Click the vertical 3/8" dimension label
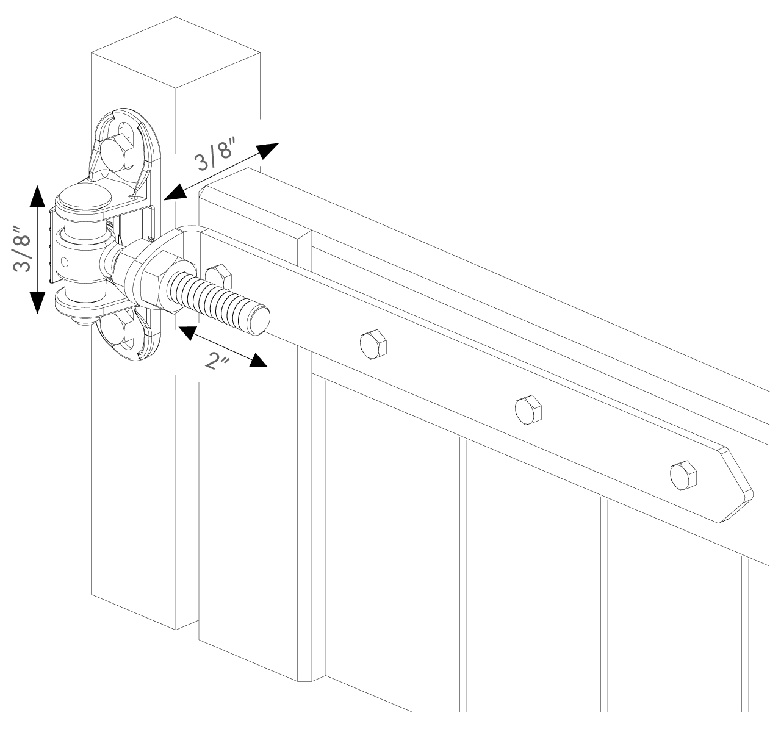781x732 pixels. click(22, 249)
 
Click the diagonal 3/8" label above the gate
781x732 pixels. click(216, 153)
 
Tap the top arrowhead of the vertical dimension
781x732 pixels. click(37, 196)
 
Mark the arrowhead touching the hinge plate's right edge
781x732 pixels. click(175, 192)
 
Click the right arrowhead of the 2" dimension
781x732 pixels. click(257, 361)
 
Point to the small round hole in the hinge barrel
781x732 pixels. click(65, 262)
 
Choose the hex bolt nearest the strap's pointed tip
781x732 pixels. click(683, 476)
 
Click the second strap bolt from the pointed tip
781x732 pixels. click(528, 410)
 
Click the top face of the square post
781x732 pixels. click(175, 52)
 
